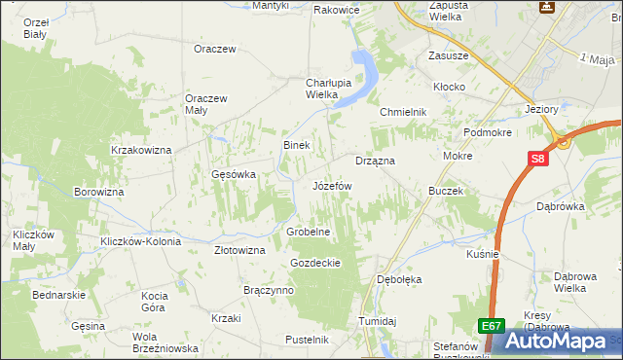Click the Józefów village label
(x=332, y=185)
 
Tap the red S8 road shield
(x=537, y=159)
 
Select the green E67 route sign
(x=493, y=328)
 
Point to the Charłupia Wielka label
(x=308, y=89)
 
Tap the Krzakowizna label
(x=141, y=150)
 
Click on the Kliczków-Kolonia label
(x=135, y=240)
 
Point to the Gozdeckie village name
(x=314, y=263)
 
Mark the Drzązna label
(x=375, y=161)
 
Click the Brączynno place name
(x=268, y=290)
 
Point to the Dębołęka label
(x=399, y=279)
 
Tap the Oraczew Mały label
(x=206, y=104)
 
